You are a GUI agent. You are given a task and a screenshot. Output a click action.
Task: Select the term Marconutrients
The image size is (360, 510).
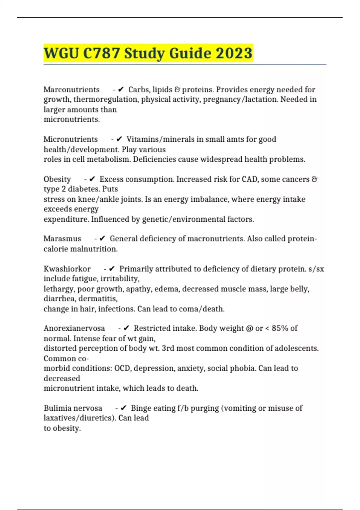click(71, 89)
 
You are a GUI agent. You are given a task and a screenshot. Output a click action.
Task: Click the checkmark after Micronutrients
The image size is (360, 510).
click(119, 139)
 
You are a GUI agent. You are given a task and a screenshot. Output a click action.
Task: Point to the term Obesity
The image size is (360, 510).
click(57, 179)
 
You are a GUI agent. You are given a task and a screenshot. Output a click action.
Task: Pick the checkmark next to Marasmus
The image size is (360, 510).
click(102, 238)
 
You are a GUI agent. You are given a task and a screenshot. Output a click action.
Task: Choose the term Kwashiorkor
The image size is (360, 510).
click(67, 269)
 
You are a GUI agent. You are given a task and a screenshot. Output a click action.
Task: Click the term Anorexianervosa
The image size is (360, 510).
click(74, 328)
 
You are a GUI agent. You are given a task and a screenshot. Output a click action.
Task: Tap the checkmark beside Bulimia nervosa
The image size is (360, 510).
click(124, 408)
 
